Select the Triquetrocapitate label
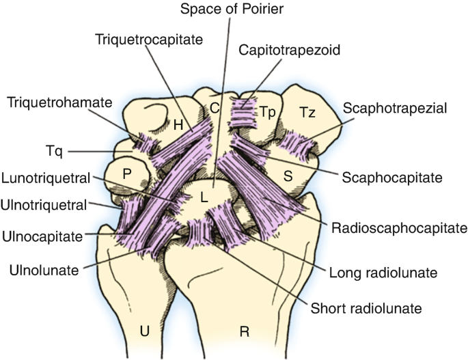[x=149, y=40]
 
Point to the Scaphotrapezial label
[x=394, y=108]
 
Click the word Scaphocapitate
[x=392, y=176]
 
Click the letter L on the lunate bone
[x=204, y=197]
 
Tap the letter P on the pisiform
[x=126, y=174]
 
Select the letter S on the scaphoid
[x=288, y=176]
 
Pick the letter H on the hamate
[x=178, y=125]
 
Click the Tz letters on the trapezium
[x=307, y=112]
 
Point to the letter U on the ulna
[x=144, y=331]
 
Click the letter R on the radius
[x=244, y=332]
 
